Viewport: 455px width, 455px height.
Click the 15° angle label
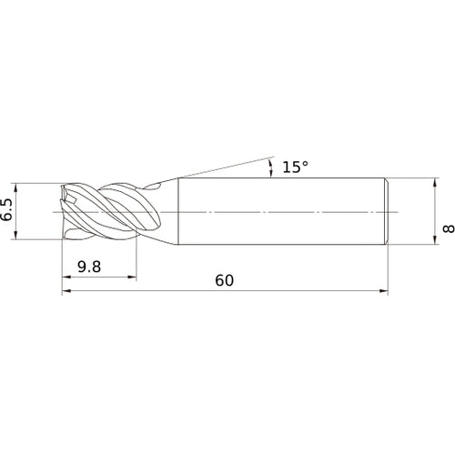coord(295,167)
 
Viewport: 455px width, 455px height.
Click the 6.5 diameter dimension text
coord(6,210)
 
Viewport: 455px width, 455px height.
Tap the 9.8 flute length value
coord(89,267)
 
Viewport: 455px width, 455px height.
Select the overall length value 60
coord(224,280)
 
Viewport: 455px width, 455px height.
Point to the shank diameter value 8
coord(449,228)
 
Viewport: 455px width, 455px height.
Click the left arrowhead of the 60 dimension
coord(66,291)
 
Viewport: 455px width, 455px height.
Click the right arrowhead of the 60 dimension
coord(384,291)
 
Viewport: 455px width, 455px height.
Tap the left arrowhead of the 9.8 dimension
coord(66,277)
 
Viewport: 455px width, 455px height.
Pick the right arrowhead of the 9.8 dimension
coord(132,277)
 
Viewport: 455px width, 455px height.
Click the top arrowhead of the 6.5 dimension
coord(15,187)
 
